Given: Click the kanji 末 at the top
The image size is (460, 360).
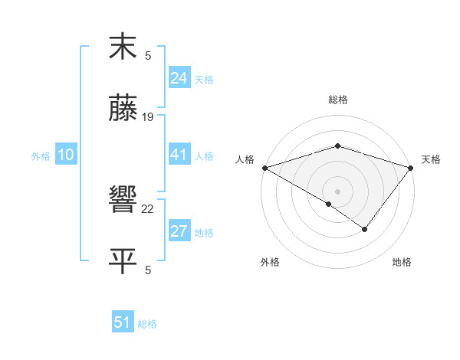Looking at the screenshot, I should pos(123,47).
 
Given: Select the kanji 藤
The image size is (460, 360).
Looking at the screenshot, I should pos(123,110).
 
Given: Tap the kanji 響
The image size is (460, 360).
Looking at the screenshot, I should pos(123,201).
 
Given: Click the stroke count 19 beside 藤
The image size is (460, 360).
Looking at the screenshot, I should pos(148,117).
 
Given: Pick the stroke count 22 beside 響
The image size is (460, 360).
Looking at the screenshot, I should pos(148,208).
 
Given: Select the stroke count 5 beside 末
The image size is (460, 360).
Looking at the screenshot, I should pos(148,55).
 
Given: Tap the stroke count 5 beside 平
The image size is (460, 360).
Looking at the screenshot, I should pos(148,270).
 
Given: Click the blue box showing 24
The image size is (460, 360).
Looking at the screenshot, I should pos(179,78).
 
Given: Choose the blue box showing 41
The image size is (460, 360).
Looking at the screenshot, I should pos(179,155).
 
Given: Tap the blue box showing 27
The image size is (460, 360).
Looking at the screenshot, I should pos(179,231).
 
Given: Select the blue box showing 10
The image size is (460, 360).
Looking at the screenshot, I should pos(66,155).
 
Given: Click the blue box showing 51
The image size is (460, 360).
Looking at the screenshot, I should pos(123,322).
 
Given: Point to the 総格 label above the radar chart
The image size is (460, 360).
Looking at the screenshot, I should pos(337,100).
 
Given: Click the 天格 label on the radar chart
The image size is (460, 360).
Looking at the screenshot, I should pos(431,159).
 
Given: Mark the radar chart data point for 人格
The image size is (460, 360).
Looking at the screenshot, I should pos(264,167).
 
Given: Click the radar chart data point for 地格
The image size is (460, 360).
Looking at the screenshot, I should pos(365,229).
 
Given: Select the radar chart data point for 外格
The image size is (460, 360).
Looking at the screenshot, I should pos(329,204).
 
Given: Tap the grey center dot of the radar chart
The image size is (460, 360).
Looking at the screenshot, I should pos(337,191).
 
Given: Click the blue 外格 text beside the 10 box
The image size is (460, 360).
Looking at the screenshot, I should pos(41,156).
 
